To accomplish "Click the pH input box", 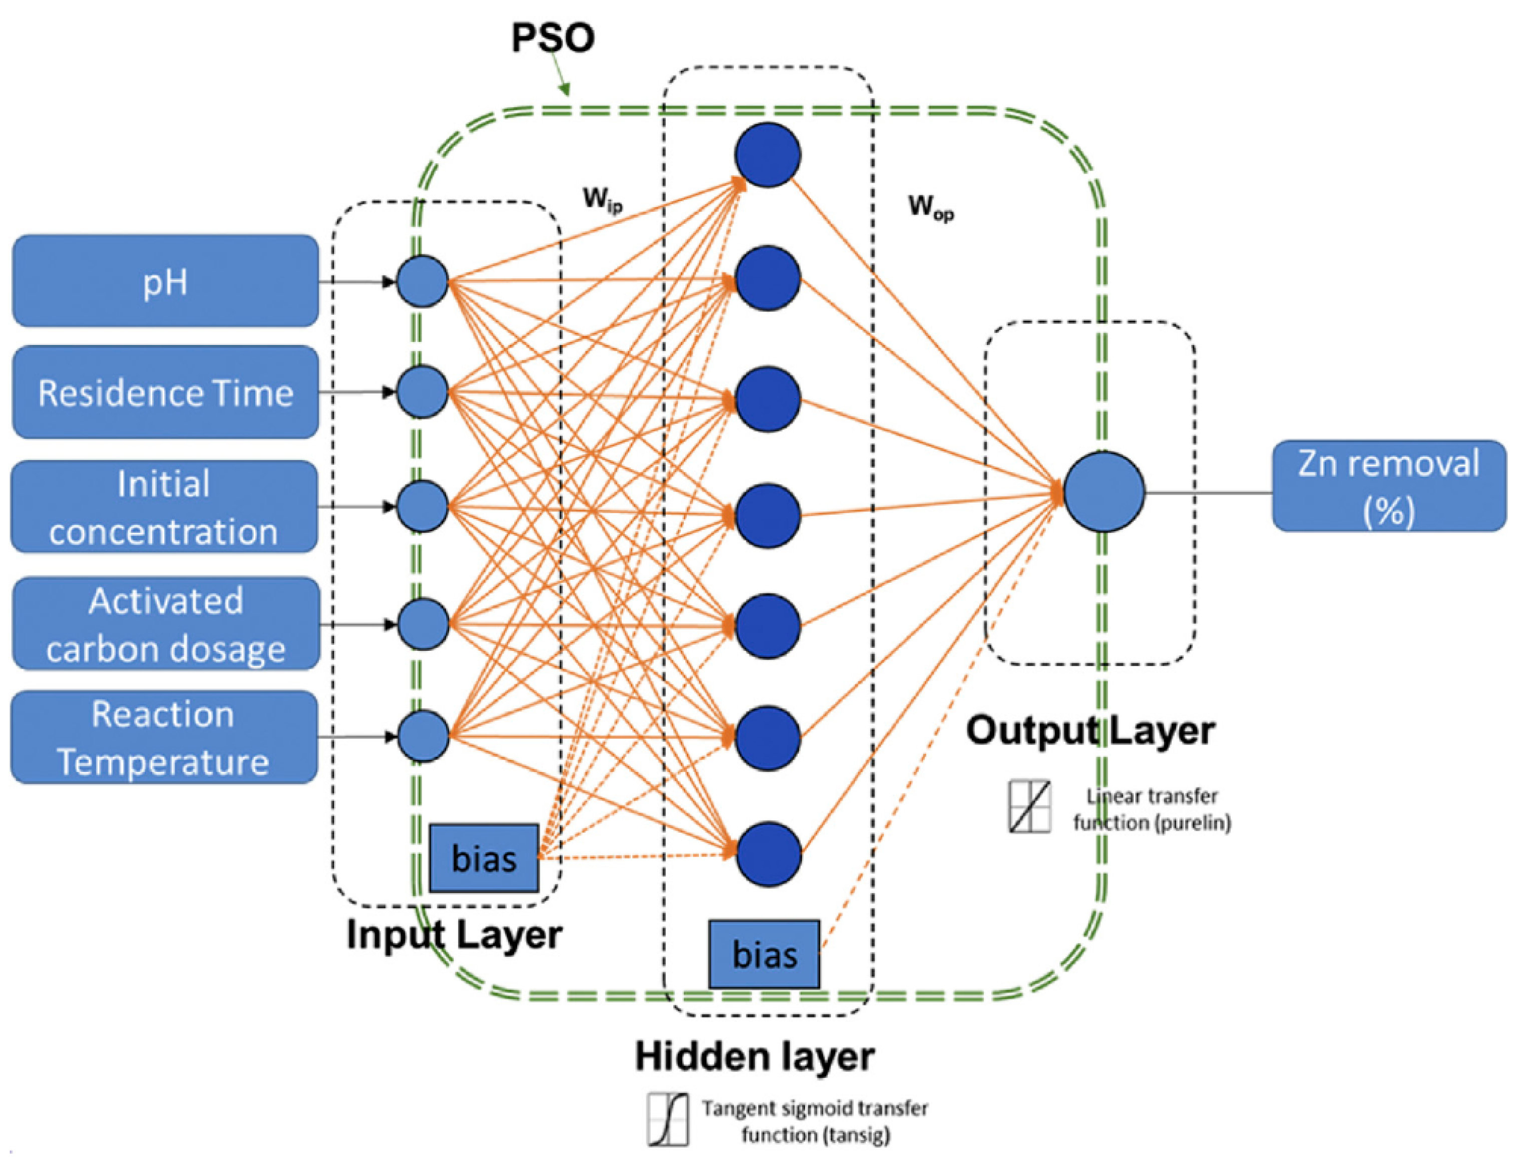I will pyautogui.click(x=166, y=281).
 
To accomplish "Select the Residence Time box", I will pyautogui.click(x=166, y=392).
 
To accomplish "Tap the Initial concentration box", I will pyautogui.click(x=164, y=507).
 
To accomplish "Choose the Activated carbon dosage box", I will pyautogui.click(x=166, y=623).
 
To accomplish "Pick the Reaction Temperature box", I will pyautogui.click(x=164, y=737).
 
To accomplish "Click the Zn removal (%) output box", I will pyautogui.click(x=1389, y=486).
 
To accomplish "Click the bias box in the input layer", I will pyautogui.click(x=484, y=858).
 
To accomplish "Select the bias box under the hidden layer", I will pyautogui.click(x=764, y=954).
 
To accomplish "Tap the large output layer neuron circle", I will pyautogui.click(x=1103, y=492).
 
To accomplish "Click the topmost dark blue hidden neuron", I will pyautogui.click(x=767, y=155).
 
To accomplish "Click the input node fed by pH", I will pyautogui.click(x=422, y=281).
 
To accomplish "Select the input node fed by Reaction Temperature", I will pyautogui.click(x=423, y=736).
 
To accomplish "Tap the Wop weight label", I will pyautogui.click(x=930, y=207).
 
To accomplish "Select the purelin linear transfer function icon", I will pyautogui.click(x=1029, y=807).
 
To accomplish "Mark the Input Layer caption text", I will pyautogui.click(x=454, y=935).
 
